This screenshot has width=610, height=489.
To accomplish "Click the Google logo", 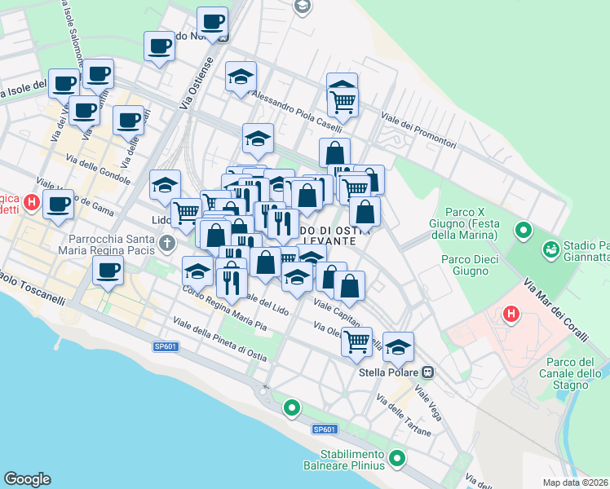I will coord(28,479).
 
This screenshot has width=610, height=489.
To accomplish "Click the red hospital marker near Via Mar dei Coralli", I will coord(511,312).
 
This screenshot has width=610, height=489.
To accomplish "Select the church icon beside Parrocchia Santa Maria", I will coord(166,242).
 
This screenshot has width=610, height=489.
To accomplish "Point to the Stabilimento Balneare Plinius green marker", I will coord(397,458).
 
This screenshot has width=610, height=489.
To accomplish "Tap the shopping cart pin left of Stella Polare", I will coord(356,341).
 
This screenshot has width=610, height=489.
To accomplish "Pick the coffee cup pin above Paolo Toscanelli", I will coord(108,271).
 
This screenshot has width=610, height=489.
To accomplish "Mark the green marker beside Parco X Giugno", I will coord(523,231).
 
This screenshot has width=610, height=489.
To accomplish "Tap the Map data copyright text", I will coord(575,482).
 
